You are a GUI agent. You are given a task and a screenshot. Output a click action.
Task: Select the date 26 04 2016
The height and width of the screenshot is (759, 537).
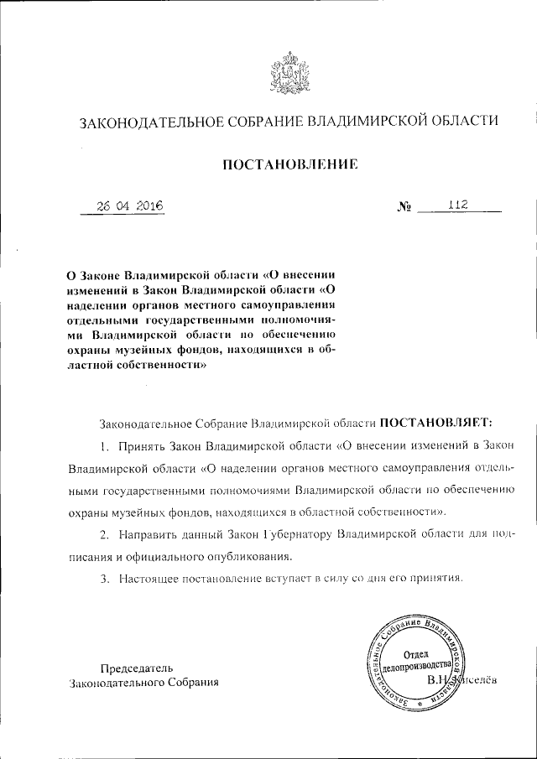[x=128, y=206]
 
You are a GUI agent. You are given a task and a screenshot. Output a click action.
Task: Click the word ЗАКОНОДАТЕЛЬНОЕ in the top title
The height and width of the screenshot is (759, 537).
[x=141, y=122]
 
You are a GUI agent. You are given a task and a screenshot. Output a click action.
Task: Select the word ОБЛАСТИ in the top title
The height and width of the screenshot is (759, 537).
[x=454, y=122]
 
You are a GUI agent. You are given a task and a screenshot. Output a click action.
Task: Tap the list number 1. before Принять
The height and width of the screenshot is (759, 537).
[x=105, y=444]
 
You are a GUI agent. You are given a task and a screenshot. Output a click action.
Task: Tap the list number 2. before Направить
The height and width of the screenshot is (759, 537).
[x=105, y=534]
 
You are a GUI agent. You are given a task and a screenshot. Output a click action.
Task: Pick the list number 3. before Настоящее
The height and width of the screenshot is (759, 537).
[x=105, y=579]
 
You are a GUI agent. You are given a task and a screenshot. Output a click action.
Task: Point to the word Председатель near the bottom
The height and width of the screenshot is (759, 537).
[x=137, y=668]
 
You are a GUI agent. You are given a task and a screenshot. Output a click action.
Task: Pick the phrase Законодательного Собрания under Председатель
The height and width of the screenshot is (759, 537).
[x=143, y=683]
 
